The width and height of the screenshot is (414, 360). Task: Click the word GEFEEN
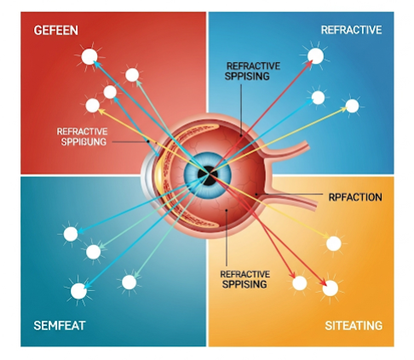point(56,31)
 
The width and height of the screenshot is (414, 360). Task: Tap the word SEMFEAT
point(60,325)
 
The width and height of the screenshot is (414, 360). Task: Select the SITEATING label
point(354,326)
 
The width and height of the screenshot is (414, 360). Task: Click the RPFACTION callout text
point(355,197)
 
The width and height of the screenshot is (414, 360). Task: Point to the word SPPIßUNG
point(83,141)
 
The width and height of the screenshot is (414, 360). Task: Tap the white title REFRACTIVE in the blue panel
point(351,30)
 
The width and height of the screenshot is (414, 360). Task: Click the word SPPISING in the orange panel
point(244,284)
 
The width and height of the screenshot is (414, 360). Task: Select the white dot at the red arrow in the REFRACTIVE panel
point(315,56)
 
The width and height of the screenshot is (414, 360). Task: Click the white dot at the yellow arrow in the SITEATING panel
point(334,243)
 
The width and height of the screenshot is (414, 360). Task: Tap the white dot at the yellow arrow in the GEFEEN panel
point(93,106)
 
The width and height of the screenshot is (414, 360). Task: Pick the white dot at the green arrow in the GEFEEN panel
point(132,75)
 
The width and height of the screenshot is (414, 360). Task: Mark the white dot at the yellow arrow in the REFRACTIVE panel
point(352,106)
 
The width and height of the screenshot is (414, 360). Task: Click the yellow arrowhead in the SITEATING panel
point(326,236)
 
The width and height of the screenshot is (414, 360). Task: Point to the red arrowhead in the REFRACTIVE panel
point(309,64)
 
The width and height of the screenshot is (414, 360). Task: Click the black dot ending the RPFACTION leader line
point(256,194)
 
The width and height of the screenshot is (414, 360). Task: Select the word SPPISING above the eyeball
point(247,76)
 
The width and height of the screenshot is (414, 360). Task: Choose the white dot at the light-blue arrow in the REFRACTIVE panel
point(318,98)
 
